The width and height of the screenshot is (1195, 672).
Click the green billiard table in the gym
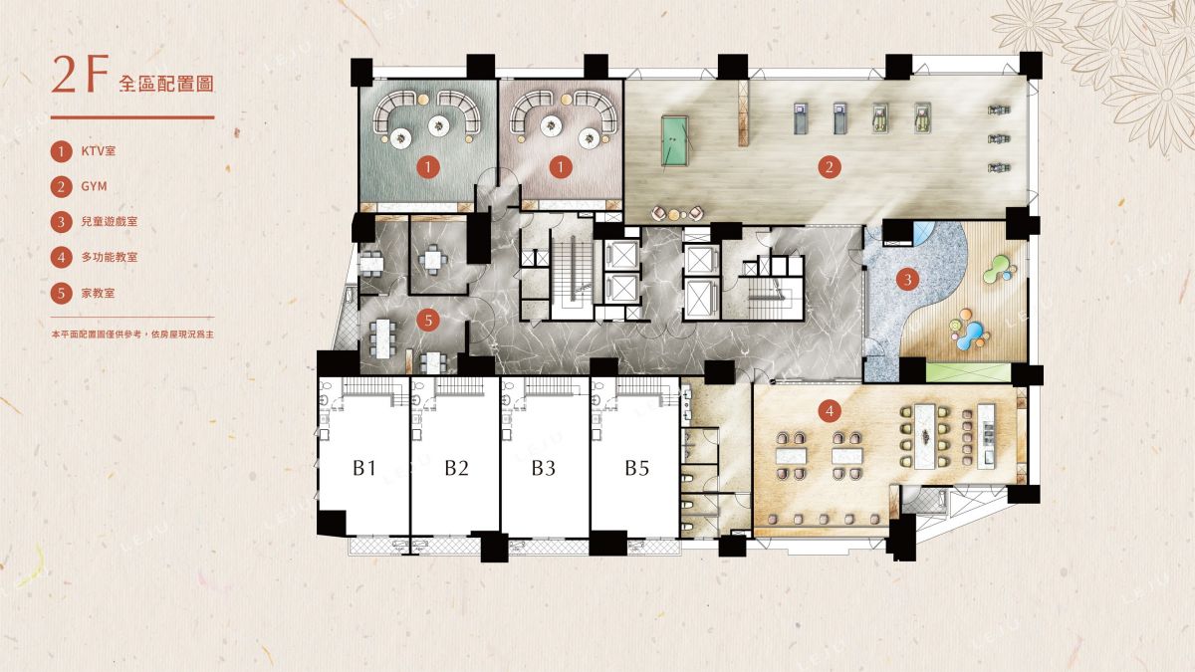pos(675,140)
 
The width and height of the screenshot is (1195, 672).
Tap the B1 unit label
pos(364,468)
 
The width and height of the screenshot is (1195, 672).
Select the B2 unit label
pos(457,468)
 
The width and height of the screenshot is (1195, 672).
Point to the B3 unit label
pos(544,468)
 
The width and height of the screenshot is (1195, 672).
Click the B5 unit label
pos(637,468)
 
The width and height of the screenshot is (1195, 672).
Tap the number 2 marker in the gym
pos(829,167)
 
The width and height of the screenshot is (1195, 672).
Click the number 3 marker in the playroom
pos(907,279)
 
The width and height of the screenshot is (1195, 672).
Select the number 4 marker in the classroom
pos(829,411)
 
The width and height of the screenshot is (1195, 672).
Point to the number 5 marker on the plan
pos(428,321)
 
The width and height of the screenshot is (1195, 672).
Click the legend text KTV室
pos(99,151)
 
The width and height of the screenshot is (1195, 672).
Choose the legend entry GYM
pos(94,186)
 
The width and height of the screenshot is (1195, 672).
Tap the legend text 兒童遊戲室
pos(110,221)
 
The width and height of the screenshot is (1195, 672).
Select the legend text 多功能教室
pos(110,257)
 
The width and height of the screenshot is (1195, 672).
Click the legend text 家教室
pos(98,293)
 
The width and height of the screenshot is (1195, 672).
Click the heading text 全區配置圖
pos(166,84)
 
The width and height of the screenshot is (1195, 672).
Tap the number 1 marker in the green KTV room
pos(428,167)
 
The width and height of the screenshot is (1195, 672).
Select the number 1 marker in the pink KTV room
pos(560,167)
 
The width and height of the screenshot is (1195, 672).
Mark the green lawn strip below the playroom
pos(968,372)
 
